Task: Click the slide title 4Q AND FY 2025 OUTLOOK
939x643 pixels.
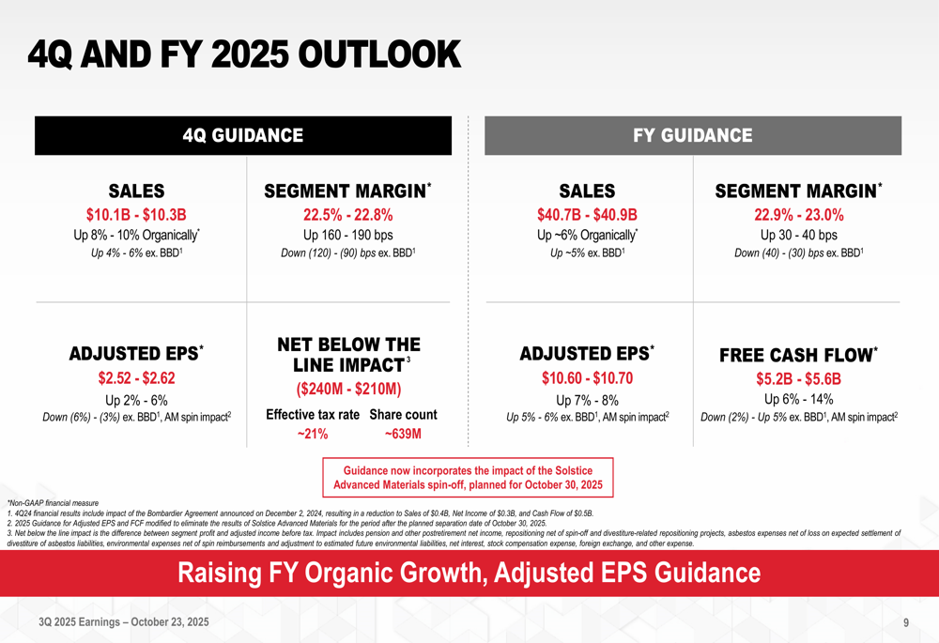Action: point(244,54)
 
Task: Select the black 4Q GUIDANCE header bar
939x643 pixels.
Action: point(243,135)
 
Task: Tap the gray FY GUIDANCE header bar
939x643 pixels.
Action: point(693,135)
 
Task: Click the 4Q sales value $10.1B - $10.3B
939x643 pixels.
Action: point(136,214)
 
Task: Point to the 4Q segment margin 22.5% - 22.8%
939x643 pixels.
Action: point(347,214)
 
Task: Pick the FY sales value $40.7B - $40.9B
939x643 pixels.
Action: point(587,214)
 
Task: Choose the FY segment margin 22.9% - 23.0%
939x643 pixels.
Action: point(797,214)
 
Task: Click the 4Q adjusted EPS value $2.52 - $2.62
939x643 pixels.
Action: point(136,378)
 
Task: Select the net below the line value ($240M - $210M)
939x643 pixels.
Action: point(348,389)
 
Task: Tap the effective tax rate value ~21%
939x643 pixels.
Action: point(313,434)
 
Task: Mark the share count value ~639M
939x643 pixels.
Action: point(403,434)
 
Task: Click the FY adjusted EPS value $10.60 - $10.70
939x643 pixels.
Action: point(587,378)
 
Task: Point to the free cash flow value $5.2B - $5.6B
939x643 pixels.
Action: point(797,379)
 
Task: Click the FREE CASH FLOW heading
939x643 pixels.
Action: point(797,355)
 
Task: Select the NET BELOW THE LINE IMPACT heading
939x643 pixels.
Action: point(348,354)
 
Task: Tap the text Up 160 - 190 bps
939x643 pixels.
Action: point(347,235)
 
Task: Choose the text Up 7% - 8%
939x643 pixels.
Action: point(587,400)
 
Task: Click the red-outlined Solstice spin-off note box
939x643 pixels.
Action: point(468,477)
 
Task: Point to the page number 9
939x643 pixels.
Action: point(905,622)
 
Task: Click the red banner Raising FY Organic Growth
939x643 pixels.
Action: point(469,573)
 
